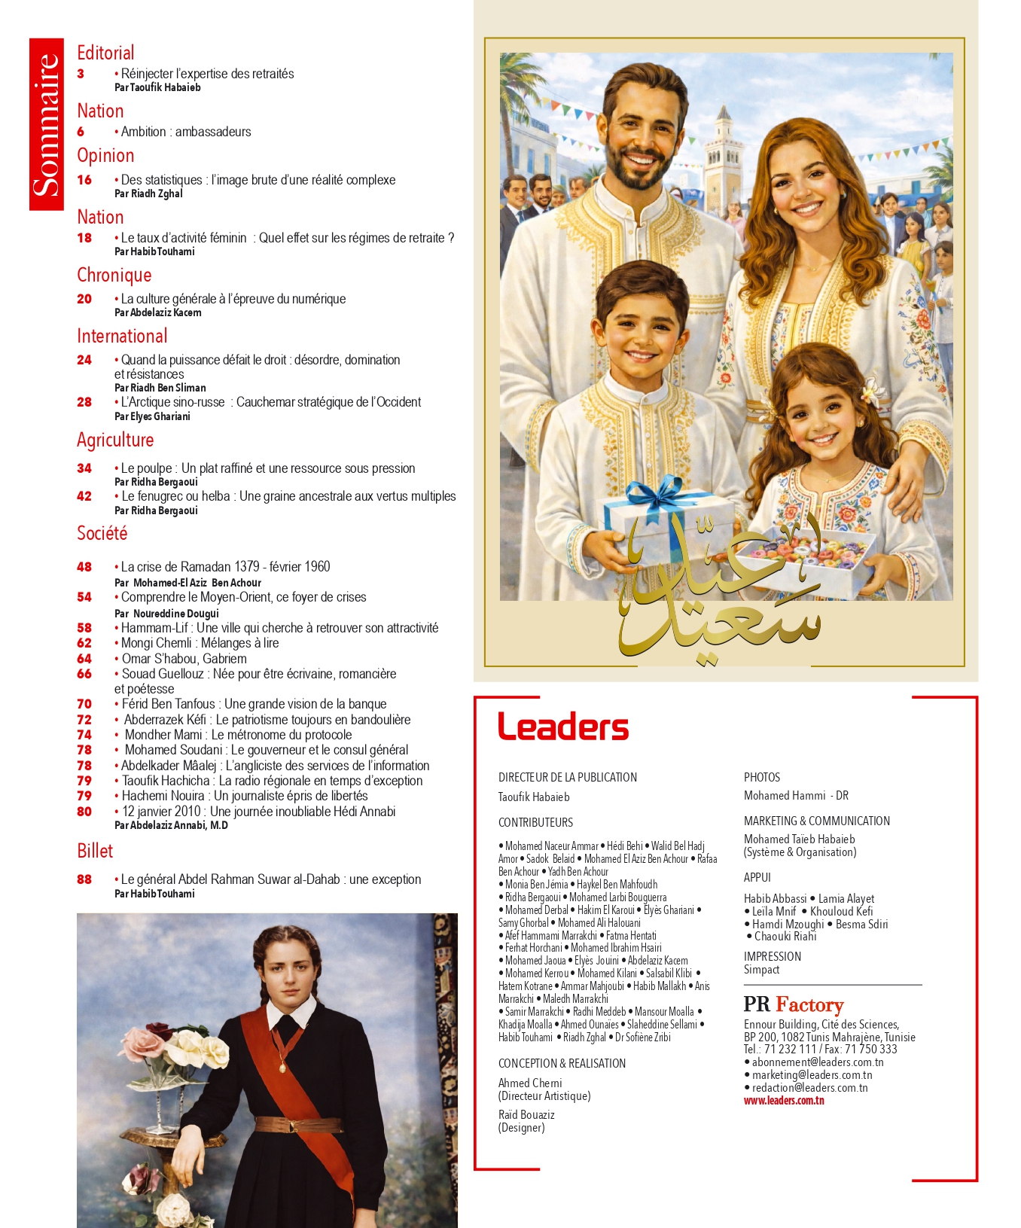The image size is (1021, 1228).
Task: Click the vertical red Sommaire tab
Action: pos(47,124)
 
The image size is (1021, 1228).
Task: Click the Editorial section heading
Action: pos(105,53)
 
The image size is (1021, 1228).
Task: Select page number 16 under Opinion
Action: pos(84,180)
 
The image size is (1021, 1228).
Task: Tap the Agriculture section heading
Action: pos(115,440)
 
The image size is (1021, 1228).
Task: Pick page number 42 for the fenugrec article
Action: pos(84,496)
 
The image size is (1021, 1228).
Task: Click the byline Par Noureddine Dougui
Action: pos(166,613)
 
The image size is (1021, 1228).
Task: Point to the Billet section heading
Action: pos(95,851)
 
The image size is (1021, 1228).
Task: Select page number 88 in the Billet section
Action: pos(84,879)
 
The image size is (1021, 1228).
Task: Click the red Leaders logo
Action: pos(563,727)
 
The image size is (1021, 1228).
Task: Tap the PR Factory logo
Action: pos(793,1004)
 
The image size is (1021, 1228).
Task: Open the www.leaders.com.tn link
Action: pos(784,1101)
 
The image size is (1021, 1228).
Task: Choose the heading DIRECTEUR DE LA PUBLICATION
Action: pos(568,777)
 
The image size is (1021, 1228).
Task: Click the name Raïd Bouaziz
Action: pos(526,1114)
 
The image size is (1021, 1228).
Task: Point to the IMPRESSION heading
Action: pos(773,956)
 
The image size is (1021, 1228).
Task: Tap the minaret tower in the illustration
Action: pos(724,147)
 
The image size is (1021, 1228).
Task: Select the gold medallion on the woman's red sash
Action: pos(282,1065)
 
